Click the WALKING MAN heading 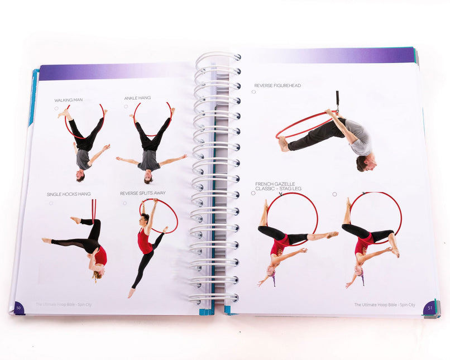(x=68, y=100)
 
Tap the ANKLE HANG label (x=137, y=98)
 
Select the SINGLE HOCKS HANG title (x=69, y=194)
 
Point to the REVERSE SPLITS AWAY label (x=142, y=193)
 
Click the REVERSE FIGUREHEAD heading (x=277, y=85)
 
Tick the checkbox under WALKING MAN (x=56, y=108)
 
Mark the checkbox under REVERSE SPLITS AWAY (x=125, y=203)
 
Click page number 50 (x=18, y=307)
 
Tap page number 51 (x=430, y=306)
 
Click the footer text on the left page (x=59, y=304)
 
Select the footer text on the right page (x=385, y=305)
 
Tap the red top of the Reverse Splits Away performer (x=145, y=242)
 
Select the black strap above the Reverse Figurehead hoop (x=337, y=101)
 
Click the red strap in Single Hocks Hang (x=94, y=209)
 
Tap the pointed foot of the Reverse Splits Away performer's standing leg (x=131, y=292)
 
